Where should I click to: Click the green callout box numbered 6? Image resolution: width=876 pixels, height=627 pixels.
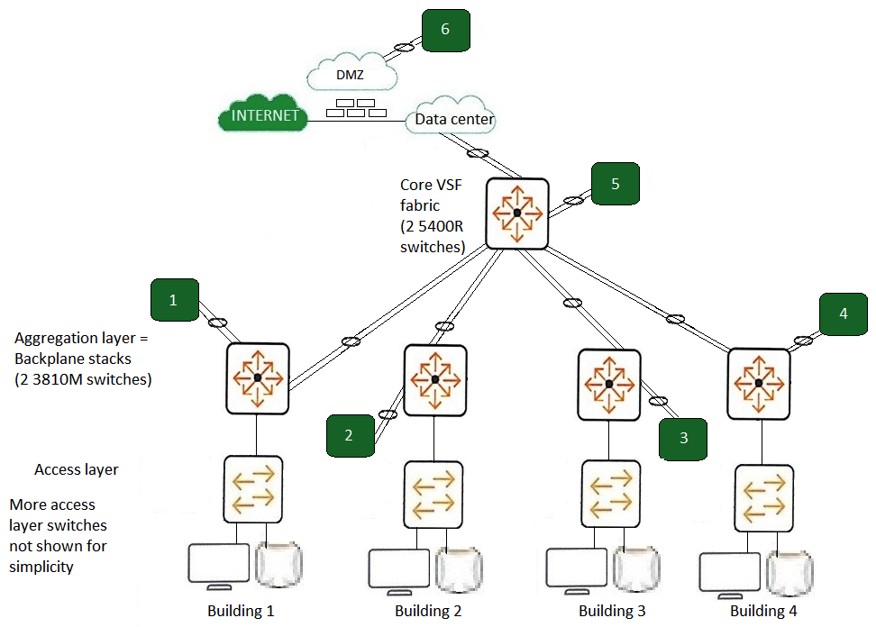coord(445,30)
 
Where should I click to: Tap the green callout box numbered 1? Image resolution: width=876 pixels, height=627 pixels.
coord(174,301)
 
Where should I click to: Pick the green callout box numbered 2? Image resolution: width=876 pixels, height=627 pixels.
coord(349,436)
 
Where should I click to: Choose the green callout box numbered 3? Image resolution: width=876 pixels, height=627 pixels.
coord(683,439)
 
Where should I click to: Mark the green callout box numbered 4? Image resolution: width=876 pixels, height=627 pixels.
coord(843,315)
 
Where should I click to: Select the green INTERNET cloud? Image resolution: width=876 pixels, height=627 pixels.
coord(261,115)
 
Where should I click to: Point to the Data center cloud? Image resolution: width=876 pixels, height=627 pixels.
coord(453,117)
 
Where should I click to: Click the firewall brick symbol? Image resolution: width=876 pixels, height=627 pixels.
coord(355,107)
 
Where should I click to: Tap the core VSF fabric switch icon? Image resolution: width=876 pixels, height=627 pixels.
coord(516,214)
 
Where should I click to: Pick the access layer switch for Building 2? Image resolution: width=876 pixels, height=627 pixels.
coord(433,495)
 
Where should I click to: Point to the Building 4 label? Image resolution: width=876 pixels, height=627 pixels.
coord(763,612)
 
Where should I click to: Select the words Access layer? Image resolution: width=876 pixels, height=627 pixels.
coord(77,469)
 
